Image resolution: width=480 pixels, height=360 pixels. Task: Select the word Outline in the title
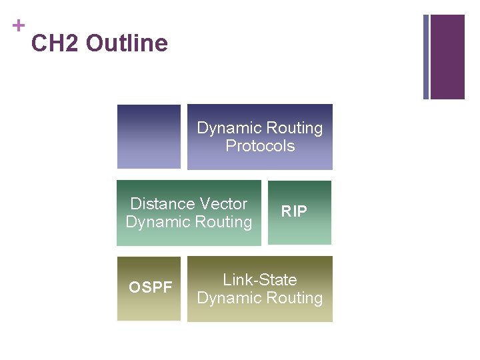[x=127, y=44]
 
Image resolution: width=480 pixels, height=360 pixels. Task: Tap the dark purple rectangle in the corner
[x=447, y=57]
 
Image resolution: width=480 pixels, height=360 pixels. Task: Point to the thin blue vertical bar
[x=426, y=57]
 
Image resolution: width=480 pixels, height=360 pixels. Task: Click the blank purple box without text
[x=149, y=137]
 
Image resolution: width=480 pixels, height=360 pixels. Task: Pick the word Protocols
[x=260, y=146]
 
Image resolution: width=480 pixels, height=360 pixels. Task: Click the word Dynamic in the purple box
[x=229, y=128]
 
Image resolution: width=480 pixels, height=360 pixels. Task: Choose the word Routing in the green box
[x=223, y=222]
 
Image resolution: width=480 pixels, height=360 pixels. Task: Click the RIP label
[x=294, y=212]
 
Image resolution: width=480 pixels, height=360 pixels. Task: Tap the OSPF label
[x=151, y=288]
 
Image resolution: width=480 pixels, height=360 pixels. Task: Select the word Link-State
[x=260, y=280]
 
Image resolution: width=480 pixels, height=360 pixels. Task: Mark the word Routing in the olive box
[x=294, y=298]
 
